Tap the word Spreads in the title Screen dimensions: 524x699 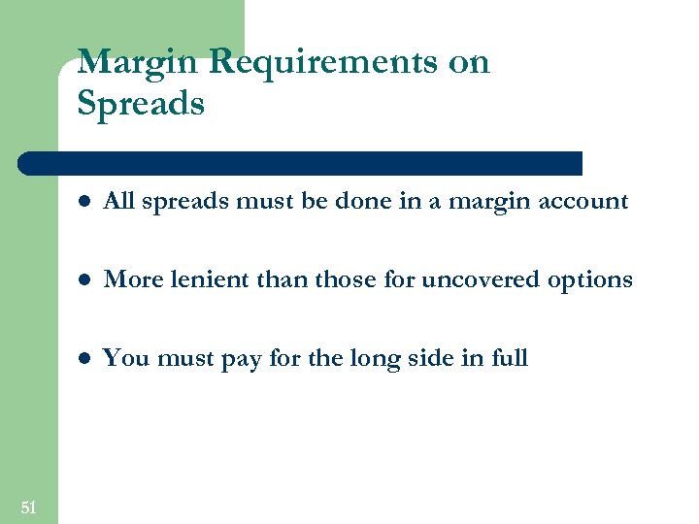141,104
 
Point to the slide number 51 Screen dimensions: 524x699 28,507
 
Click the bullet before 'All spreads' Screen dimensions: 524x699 85,202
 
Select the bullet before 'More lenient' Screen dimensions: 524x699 85,280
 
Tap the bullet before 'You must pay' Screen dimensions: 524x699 85,359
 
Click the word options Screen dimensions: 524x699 589,279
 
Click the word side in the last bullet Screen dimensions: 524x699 434,357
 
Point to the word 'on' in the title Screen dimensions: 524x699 468,63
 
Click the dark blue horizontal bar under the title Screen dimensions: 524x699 301,163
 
